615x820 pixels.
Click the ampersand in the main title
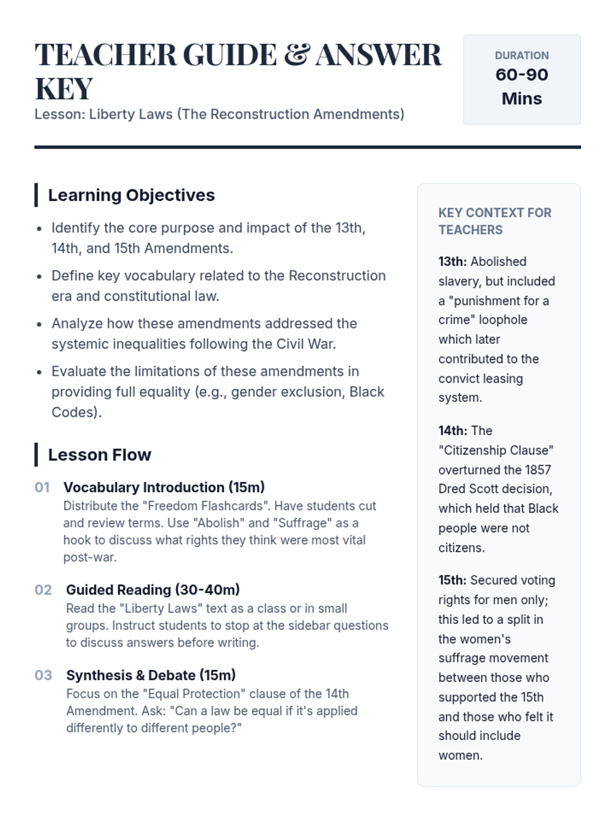(297, 55)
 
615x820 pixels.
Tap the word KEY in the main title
(64, 89)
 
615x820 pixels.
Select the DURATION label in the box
(522, 55)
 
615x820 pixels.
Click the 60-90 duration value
(522, 75)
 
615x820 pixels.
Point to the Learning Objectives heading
(131, 195)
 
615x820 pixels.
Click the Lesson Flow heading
(99, 455)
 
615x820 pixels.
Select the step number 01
(42, 487)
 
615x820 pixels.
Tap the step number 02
(43, 590)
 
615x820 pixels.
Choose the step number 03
(43, 675)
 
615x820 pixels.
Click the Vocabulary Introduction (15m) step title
(164, 487)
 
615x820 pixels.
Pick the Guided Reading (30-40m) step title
(153, 590)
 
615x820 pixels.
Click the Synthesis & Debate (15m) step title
(151, 675)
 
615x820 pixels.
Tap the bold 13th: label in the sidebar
(452, 262)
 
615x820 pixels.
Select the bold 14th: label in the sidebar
(453, 431)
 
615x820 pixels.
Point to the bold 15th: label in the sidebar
(452, 580)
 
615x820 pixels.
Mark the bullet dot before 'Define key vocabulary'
(39, 277)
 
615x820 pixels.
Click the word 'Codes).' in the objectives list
(76, 413)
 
